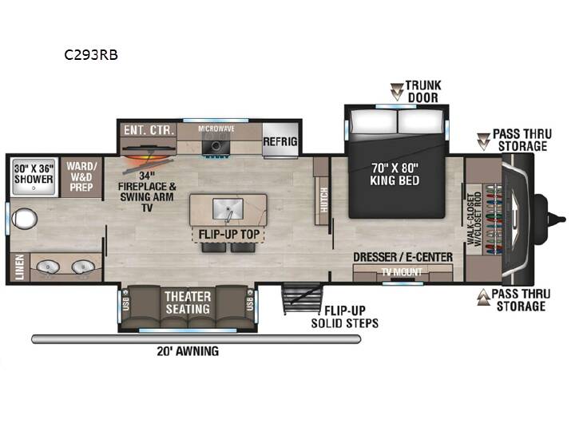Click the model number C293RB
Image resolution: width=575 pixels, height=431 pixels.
tap(91, 54)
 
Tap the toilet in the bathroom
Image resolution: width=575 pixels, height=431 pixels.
tap(24, 219)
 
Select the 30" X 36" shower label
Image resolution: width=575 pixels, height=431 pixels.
tap(34, 174)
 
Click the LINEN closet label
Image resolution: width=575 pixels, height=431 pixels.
tap(19, 267)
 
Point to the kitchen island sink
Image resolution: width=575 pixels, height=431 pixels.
tap(228, 209)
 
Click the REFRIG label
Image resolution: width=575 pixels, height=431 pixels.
tap(280, 141)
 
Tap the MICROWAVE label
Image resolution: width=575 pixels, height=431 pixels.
tap(216, 129)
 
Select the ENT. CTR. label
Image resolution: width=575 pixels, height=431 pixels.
tap(149, 130)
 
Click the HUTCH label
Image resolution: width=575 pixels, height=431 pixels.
tap(323, 200)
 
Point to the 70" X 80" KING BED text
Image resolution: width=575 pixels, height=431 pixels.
tap(395, 174)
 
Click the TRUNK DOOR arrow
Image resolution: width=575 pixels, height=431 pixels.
tap(397, 92)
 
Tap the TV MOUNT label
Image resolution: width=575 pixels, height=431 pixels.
tap(402, 272)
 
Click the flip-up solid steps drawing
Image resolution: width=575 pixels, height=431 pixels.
tap(302, 299)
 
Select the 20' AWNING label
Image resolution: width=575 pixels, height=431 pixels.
tap(188, 351)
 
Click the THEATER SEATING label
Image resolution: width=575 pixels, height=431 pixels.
tap(188, 302)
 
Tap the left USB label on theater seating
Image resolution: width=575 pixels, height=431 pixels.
tap(126, 303)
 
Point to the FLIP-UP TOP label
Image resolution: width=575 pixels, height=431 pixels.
tap(229, 234)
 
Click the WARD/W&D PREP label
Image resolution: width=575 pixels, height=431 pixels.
tap(81, 176)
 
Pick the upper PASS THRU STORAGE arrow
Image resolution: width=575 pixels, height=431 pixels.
tap(483, 141)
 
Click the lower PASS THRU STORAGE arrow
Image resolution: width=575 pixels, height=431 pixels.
tap(484, 297)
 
